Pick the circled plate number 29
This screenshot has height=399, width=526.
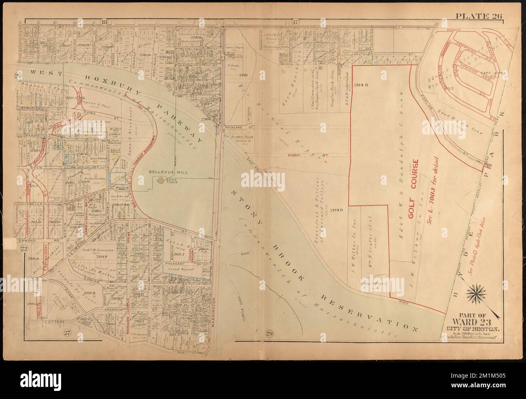click(x=270, y=333)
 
